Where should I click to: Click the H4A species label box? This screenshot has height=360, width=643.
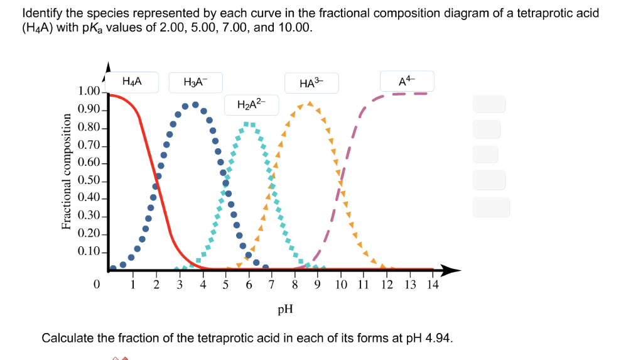point(132,82)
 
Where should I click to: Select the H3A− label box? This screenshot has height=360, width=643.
point(194,82)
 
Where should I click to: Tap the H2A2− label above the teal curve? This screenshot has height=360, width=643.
point(251,104)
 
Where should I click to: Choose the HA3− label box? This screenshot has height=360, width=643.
point(311,83)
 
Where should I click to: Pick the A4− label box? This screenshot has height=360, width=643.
point(407,80)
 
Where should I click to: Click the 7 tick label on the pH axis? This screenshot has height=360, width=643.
point(271,285)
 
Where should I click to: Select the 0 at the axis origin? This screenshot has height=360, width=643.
point(96,285)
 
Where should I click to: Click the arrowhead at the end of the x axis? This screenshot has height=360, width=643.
point(453,271)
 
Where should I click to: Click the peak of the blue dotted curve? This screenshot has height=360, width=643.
point(195,104)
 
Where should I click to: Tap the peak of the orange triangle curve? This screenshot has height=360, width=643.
point(308,103)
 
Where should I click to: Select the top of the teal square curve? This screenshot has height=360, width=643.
point(249,124)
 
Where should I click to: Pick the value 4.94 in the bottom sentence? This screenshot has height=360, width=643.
point(438,338)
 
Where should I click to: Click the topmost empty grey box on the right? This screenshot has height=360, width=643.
point(489,104)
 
